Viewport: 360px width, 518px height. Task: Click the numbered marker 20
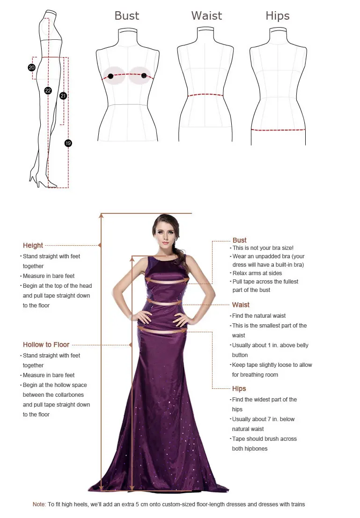pyautogui.click(x=32, y=67)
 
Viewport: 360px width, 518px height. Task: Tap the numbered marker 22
pyautogui.click(x=48, y=91)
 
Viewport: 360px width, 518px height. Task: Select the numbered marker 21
pyautogui.click(x=63, y=96)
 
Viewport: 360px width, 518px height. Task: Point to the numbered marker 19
pyautogui.click(x=68, y=143)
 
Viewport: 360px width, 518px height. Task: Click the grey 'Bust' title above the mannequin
pyautogui.click(x=127, y=15)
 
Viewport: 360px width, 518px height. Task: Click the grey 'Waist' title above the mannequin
pyautogui.click(x=206, y=15)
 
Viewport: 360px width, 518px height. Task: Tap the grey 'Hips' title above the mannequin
pyautogui.click(x=278, y=15)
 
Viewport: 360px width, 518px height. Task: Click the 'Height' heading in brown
pyautogui.click(x=33, y=245)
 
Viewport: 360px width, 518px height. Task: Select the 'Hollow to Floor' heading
pyautogui.click(x=46, y=345)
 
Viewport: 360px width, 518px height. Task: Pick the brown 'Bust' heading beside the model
pyautogui.click(x=240, y=240)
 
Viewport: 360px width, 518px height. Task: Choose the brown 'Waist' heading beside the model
pyautogui.click(x=241, y=305)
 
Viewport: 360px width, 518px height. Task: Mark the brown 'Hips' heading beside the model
pyautogui.click(x=239, y=389)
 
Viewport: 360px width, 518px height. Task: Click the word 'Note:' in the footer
pyautogui.click(x=39, y=504)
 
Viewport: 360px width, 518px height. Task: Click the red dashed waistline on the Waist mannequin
pyautogui.click(x=205, y=95)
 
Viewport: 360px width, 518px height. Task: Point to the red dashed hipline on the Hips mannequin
pyautogui.click(x=278, y=130)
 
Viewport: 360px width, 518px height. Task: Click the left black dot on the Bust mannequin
pyautogui.click(x=110, y=76)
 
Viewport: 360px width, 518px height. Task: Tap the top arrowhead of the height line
pyautogui.click(x=101, y=216)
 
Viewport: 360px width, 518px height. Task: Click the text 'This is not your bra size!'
pyautogui.click(x=263, y=248)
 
